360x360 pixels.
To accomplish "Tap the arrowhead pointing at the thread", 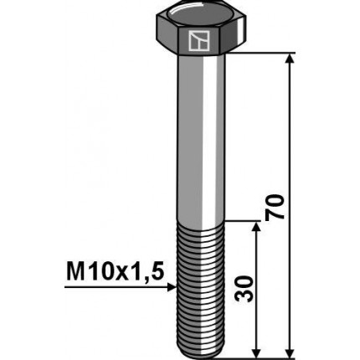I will [x=170, y=287].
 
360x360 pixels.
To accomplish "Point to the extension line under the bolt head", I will [x=268, y=54].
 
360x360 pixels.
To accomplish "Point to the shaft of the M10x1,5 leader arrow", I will [x=117, y=287].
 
